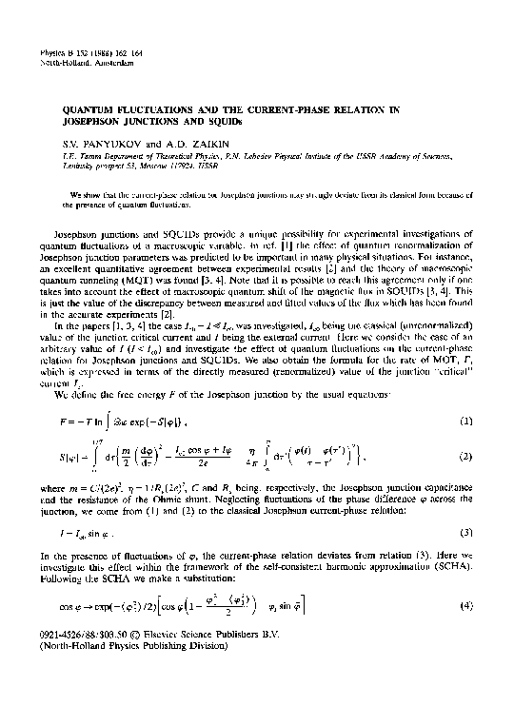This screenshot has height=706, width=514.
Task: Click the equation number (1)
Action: pos(472,394)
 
